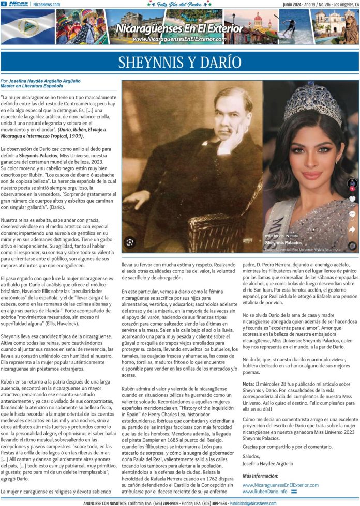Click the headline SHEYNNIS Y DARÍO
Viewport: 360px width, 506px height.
pos(179,62)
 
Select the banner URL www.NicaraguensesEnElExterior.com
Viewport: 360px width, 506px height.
pos(179,39)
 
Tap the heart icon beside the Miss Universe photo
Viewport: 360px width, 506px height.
pos(352,199)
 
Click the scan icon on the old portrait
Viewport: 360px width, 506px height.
pos(129,241)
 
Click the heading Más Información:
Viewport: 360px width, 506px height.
pos(261,476)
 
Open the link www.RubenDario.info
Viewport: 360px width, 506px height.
pos(264,491)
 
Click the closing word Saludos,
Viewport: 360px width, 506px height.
pos(252,456)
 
